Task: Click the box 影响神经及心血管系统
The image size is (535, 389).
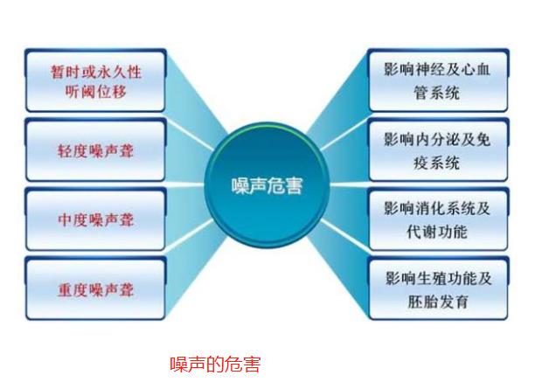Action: [437, 80]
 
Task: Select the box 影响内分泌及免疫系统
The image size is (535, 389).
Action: [437, 149]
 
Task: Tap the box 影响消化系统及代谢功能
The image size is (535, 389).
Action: [437, 219]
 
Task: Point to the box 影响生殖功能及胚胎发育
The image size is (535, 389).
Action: [437, 289]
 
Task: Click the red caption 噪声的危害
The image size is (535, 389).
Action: [214, 364]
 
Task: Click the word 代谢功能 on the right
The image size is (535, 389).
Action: [426, 233]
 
